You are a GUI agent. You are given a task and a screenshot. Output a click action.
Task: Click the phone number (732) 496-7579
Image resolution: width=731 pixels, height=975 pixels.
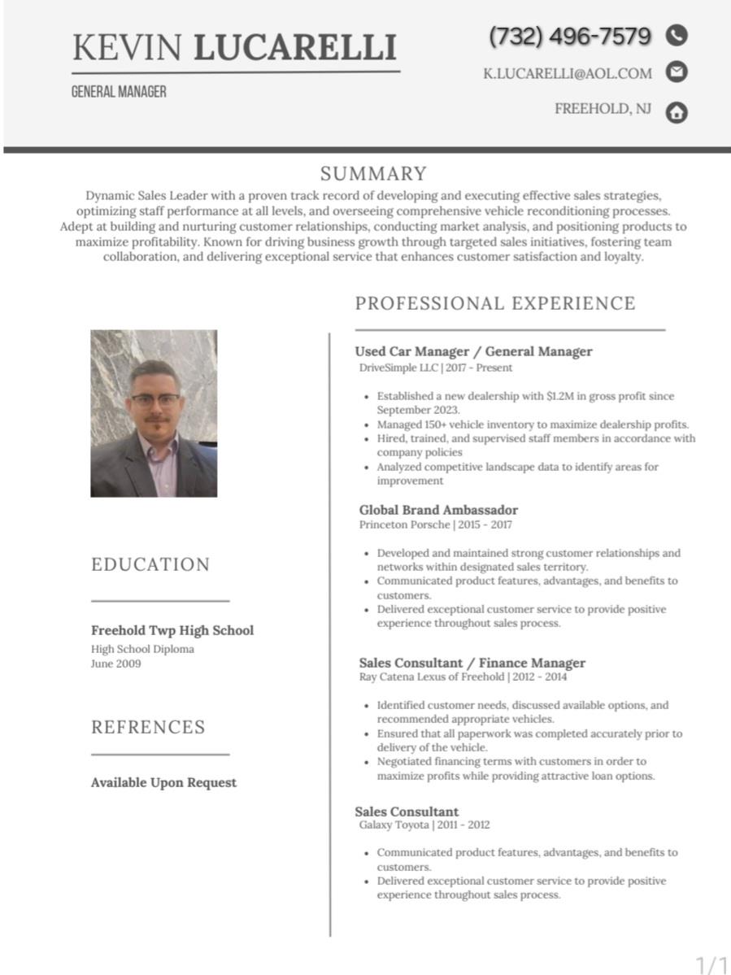click(570, 37)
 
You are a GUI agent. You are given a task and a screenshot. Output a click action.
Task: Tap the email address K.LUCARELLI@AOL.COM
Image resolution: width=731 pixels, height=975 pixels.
click(568, 73)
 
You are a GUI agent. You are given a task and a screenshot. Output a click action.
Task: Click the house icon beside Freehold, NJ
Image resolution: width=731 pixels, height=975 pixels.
click(677, 112)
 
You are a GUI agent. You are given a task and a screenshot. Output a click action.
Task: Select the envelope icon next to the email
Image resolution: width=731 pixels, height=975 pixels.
click(677, 72)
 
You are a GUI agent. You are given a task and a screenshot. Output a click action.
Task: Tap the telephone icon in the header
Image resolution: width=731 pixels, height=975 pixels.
click(677, 35)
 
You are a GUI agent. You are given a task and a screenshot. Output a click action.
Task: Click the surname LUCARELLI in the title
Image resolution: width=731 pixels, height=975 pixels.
click(295, 48)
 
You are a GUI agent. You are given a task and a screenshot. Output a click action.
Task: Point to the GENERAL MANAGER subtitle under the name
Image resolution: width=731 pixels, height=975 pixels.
click(119, 92)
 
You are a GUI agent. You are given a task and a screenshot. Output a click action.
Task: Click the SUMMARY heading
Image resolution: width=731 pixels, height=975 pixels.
click(373, 174)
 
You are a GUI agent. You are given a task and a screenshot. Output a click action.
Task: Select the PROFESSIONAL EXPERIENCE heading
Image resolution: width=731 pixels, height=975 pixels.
click(495, 303)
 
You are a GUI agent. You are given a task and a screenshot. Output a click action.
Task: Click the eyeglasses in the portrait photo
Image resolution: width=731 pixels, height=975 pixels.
click(154, 400)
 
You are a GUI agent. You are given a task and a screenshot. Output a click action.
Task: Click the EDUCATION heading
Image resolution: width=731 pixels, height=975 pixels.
click(150, 564)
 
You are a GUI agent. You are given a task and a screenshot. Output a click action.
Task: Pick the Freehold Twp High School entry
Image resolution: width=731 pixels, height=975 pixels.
click(172, 630)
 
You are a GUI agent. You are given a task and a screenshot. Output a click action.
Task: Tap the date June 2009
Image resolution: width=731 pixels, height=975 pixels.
click(115, 664)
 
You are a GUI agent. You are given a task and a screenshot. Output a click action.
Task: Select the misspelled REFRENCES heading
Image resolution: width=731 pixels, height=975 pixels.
click(148, 727)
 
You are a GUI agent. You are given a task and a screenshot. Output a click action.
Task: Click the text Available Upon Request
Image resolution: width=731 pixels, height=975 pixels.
click(163, 782)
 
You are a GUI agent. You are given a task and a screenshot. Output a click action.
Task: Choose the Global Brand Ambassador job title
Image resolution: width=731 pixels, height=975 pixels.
click(438, 510)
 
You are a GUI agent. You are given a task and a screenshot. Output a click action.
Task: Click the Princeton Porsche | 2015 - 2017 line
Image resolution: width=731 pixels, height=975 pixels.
click(436, 524)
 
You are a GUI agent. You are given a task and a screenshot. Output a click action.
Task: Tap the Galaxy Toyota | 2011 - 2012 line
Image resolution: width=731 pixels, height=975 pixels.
click(424, 825)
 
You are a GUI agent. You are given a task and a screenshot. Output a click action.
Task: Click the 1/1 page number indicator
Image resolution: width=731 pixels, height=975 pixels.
click(711, 964)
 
